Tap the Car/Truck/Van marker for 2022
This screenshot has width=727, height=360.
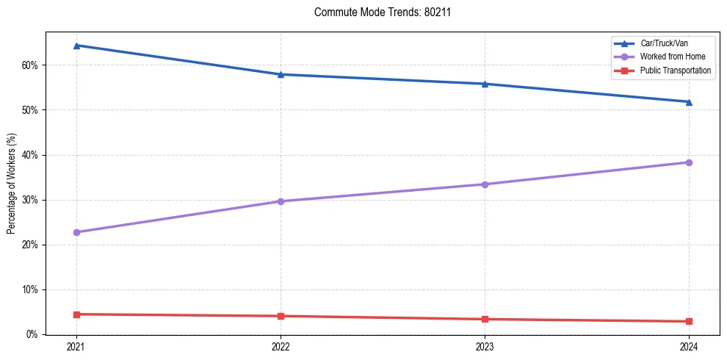(x=281, y=74)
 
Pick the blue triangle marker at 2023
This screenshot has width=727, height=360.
(x=485, y=84)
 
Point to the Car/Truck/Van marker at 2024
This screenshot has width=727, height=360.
(x=689, y=102)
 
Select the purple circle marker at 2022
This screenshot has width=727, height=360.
(x=281, y=201)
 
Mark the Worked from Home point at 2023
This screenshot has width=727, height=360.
(x=485, y=184)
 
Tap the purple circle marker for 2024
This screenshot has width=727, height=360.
(x=689, y=162)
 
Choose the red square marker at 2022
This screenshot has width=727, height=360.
(x=281, y=316)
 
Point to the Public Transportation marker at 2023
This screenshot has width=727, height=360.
(x=485, y=319)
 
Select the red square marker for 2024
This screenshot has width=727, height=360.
(x=689, y=321)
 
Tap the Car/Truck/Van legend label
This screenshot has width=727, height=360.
(x=664, y=44)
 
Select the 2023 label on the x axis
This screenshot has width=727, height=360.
(x=485, y=346)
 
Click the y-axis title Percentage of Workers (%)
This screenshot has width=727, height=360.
(x=12, y=183)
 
